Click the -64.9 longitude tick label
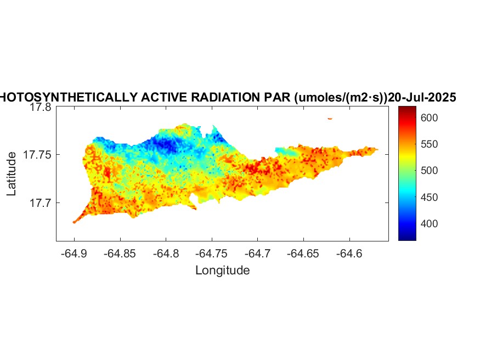point(74,253)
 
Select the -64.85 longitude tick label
point(120,253)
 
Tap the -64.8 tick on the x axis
point(166,253)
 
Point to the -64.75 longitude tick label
point(212,253)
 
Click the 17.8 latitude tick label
point(40,108)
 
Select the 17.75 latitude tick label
point(37,155)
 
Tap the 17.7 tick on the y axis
point(40,203)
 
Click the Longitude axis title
point(222,270)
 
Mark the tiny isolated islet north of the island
point(330,118)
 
